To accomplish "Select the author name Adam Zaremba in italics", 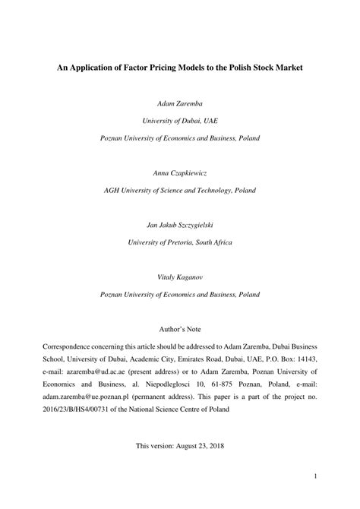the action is click(180, 102).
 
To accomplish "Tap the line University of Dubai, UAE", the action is click(180, 119).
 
